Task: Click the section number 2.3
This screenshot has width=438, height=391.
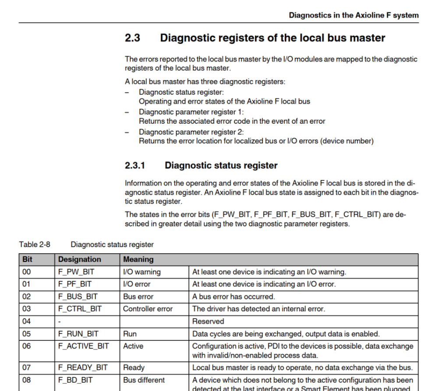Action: point(132,38)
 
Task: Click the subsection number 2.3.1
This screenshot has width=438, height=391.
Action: point(135,166)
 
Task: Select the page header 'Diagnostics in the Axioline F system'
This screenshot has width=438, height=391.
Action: point(353,15)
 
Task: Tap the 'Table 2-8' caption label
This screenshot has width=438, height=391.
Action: point(35,244)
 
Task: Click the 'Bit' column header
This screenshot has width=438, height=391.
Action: point(27,259)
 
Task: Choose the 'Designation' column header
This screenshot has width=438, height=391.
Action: point(80,259)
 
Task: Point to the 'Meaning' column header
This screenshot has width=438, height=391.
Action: point(138,259)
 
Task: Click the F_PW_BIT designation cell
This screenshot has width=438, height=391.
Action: point(76,272)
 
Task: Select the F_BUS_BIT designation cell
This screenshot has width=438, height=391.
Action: point(78,297)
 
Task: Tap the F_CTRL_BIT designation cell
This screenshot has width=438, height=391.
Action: point(80,309)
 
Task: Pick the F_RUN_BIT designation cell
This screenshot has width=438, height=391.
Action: point(78,334)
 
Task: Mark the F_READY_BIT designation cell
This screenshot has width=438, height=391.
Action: point(83,367)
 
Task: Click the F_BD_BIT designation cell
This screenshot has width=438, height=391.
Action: point(75,380)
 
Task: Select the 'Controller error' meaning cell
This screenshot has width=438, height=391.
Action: point(148,309)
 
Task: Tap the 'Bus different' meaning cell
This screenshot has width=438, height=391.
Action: point(144,380)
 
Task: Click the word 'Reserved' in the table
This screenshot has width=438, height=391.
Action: point(208,321)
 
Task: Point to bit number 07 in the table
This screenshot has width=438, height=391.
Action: point(27,367)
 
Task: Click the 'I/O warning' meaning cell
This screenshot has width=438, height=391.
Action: point(142,272)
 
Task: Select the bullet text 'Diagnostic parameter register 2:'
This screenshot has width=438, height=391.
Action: point(191,132)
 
